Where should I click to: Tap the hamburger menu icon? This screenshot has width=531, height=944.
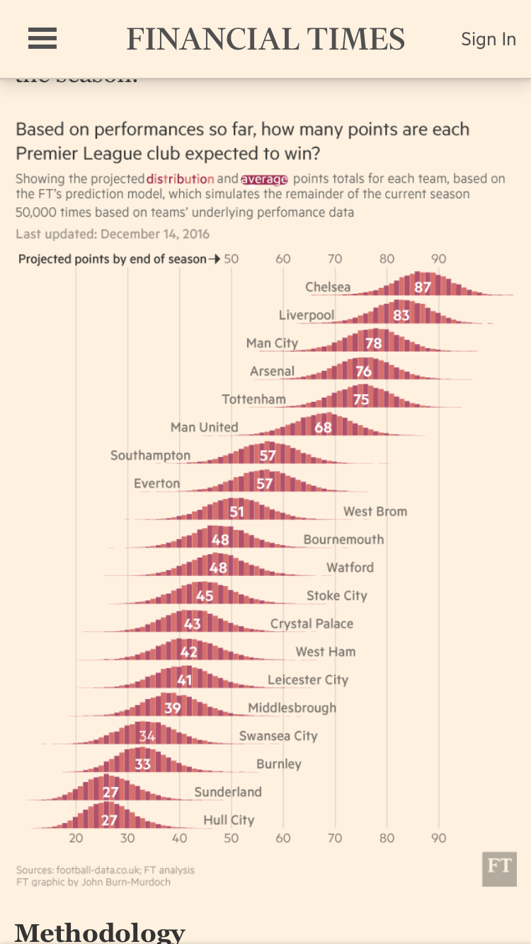pos(42,38)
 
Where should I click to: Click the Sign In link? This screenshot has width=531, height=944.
pos(489,39)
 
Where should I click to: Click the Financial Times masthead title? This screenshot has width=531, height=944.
pos(265,39)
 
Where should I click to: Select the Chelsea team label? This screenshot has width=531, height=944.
pos(328,287)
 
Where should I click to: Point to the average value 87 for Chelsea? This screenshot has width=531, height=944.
pos(423,287)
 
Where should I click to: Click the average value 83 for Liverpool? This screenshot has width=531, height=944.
pos(401,315)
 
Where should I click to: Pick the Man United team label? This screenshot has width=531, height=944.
pos(204,427)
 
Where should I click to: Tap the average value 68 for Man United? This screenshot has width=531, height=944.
pos(323,427)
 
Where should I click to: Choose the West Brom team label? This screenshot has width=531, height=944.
pos(375,511)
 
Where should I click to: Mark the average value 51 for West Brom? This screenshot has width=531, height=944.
pos(236,512)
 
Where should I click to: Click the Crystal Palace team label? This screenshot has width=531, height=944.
pos(312,623)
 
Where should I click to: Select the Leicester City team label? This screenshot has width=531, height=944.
pos(308,679)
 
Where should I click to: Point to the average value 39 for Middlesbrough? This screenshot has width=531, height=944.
pos(173,708)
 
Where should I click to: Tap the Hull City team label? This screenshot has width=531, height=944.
pos(229,820)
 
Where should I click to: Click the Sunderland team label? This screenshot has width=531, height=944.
pos(228,792)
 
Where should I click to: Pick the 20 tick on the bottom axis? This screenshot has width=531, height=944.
pos(76,839)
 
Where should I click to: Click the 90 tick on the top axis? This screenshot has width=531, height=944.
pos(439,259)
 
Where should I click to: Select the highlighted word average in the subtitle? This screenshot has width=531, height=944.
pos(264,179)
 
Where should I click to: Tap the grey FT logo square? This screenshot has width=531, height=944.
pos(499,869)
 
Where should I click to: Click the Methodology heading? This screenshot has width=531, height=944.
pos(100,932)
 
